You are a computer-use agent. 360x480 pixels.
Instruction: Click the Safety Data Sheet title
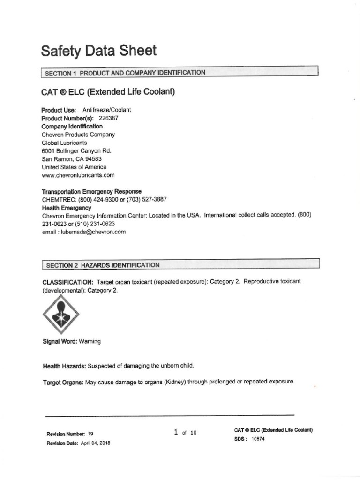(98, 51)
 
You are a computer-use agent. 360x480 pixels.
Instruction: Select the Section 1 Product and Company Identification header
(125, 73)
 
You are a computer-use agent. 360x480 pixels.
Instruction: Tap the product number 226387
(108, 118)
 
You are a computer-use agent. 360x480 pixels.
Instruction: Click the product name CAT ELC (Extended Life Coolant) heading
(108, 91)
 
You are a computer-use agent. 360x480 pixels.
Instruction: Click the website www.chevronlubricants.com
(78, 175)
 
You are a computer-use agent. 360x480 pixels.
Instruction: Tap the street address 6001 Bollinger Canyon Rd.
(76, 151)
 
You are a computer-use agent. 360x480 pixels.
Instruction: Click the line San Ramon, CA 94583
(72, 159)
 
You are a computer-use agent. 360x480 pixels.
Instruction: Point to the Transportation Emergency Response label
(92, 191)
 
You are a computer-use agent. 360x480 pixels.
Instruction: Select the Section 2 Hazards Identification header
(103, 265)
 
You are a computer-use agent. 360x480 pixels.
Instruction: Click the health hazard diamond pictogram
(61, 314)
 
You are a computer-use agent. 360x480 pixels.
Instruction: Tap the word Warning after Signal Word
(90, 341)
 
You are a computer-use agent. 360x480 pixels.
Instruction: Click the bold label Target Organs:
(63, 382)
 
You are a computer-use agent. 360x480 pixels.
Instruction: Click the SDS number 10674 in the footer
(259, 439)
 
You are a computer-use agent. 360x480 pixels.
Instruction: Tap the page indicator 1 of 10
(185, 433)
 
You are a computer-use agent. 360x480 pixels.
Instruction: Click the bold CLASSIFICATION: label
(67, 282)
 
